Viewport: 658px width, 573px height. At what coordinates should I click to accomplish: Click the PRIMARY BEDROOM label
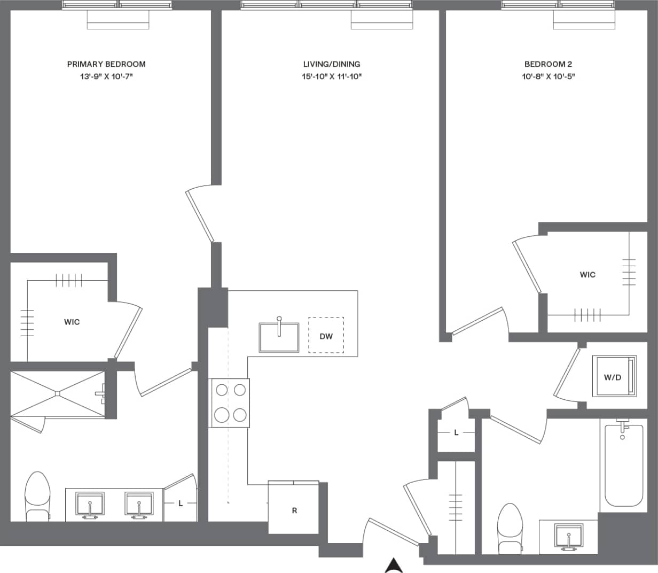[x=106, y=64]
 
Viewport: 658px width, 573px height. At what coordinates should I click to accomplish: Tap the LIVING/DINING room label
[x=332, y=64]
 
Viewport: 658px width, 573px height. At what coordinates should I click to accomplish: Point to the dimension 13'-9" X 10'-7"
[x=106, y=76]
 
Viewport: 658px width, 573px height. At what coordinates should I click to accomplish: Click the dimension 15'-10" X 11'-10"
[x=332, y=76]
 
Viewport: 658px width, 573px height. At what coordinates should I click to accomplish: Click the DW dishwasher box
[x=326, y=336]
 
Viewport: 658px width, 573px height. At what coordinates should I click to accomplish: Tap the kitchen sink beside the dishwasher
[x=279, y=337]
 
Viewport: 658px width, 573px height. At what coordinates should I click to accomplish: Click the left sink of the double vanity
[x=90, y=505]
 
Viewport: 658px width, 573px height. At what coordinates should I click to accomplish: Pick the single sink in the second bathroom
[x=569, y=536]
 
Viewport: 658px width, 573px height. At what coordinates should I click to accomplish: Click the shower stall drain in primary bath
[x=57, y=394]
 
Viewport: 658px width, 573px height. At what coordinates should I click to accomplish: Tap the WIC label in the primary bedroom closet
[x=72, y=322]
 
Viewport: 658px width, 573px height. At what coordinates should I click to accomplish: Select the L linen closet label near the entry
[x=456, y=432]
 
